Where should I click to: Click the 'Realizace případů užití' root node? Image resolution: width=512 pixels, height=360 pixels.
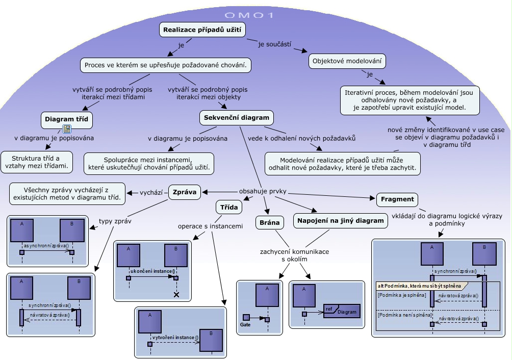202,30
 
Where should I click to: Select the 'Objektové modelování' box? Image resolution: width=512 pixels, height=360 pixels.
347,61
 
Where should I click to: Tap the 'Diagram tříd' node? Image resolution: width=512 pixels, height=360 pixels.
66,119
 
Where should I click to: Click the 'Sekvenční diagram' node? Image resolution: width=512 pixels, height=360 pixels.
236,118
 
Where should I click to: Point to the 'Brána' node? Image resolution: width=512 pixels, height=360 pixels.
269,222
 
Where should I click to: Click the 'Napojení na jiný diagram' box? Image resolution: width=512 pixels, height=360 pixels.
339,220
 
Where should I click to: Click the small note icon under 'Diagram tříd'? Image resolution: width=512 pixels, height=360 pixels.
66,128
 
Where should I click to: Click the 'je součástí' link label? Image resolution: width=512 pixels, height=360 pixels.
274,44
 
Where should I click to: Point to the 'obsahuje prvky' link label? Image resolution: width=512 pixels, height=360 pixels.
263,192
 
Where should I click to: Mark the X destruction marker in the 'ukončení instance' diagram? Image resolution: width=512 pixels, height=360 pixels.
176,295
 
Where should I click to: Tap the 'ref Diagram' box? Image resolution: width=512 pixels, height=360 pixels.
341,311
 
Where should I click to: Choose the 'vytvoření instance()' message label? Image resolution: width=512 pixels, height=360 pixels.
174,338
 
